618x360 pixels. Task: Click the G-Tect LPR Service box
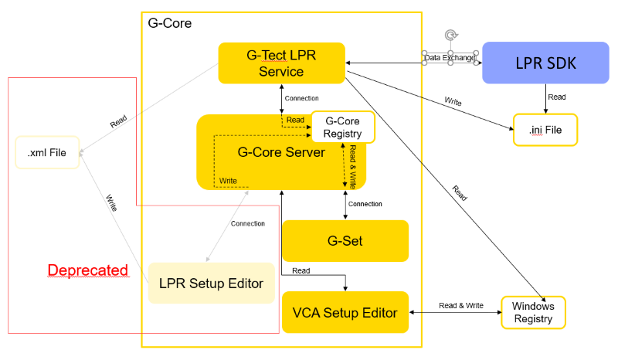click(x=282, y=63)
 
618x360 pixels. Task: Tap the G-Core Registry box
click(x=342, y=127)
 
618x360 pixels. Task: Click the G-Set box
click(x=345, y=240)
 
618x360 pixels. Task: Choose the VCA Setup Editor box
click(x=345, y=312)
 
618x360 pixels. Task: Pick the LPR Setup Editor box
click(x=211, y=284)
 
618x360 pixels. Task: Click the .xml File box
click(x=47, y=153)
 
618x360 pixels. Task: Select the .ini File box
click(x=545, y=130)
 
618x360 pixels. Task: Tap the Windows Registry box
click(x=533, y=312)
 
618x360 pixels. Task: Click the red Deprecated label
click(x=87, y=270)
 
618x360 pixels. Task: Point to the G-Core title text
click(x=169, y=23)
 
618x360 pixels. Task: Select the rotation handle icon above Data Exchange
click(x=451, y=36)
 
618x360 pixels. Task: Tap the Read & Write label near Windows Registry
click(x=460, y=306)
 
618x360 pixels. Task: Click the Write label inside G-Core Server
click(x=228, y=181)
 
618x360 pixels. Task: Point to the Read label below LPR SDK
click(x=556, y=97)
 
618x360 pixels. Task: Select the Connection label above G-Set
click(x=365, y=204)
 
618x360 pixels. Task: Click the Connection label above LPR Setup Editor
click(x=247, y=224)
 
